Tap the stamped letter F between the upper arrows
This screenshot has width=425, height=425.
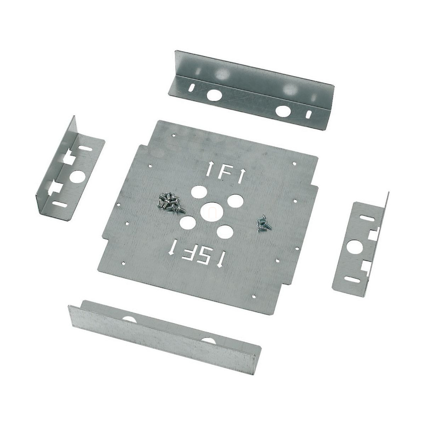click(x=223, y=174)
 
